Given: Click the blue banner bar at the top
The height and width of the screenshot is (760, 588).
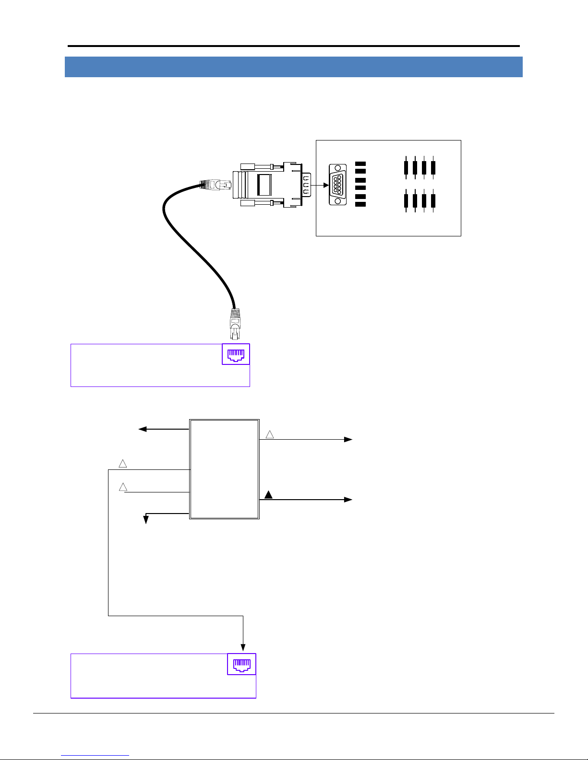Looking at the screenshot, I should (x=293, y=67).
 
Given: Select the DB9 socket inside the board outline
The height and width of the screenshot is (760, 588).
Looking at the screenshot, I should (x=337, y=185).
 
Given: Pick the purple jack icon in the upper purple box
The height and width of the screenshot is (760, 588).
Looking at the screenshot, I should (x=236, y=354).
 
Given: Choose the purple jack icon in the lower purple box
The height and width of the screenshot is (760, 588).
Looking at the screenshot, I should (x=241, y=664).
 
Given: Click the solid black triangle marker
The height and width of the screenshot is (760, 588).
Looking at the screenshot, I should (x=269, y=495).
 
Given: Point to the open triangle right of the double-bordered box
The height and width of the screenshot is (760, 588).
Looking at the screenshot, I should (x=270, y=434).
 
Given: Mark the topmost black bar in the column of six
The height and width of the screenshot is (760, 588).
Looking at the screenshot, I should (x=360, y=164).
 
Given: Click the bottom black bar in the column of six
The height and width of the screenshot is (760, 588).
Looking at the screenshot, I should (x=360, y=205).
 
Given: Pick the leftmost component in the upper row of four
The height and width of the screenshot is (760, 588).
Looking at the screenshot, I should (x=406, y=167).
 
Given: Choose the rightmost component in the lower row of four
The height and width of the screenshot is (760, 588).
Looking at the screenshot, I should (x=433, y=201).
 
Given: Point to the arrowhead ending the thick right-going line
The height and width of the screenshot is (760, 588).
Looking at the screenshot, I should (x=348, y=500).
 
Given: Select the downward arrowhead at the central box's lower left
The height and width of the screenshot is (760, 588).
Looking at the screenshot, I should (x=145, y=520).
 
